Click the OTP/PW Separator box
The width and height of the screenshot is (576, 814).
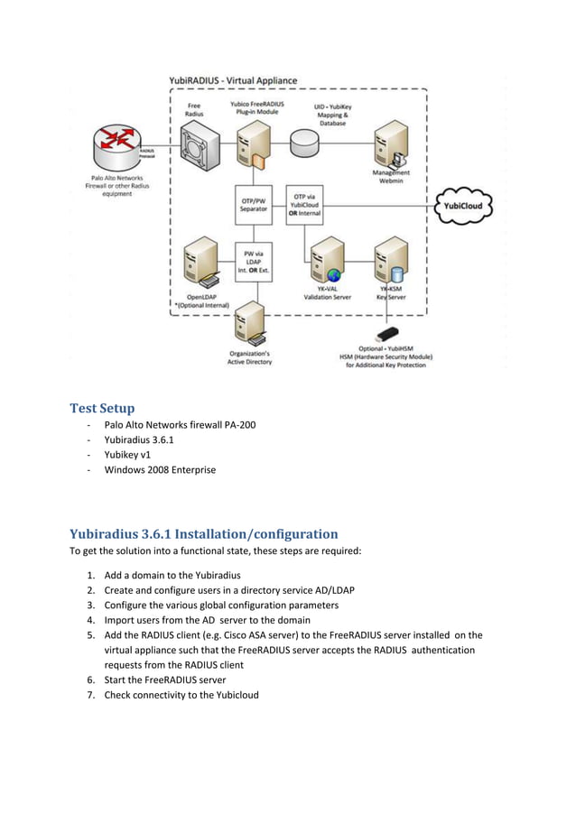(253, 205)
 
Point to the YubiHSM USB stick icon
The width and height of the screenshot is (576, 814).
(390, 332)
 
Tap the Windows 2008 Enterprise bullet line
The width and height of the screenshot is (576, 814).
(160, 470)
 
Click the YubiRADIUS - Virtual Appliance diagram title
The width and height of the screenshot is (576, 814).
(233, 80)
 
